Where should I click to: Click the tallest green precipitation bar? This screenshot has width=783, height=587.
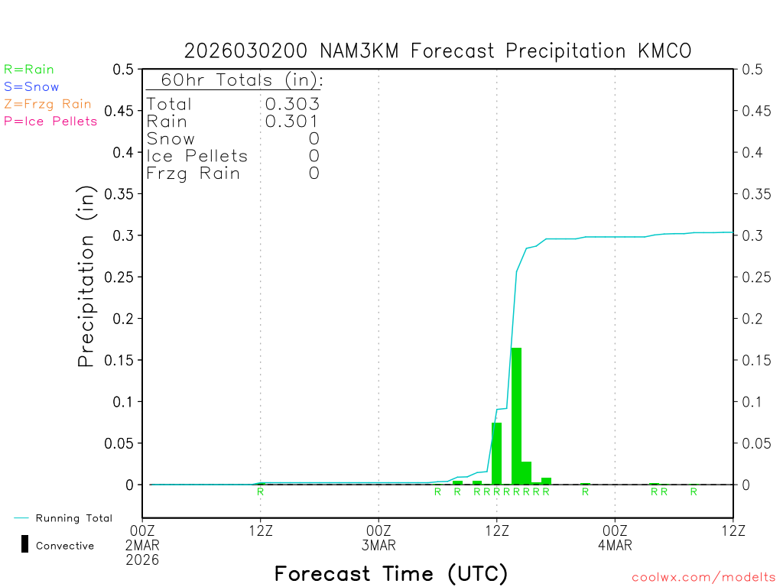point(516,416)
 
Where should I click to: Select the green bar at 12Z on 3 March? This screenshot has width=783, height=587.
point(496,453)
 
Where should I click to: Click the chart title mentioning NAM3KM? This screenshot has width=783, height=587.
point(437,50)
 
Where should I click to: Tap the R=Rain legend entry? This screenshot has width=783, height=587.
point(29,70)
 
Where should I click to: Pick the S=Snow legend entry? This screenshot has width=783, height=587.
point(31,87)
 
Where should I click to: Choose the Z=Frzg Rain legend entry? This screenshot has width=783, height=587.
point(47,104)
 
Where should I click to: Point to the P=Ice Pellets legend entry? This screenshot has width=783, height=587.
point(50,121)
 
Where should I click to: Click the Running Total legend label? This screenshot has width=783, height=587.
point(73,518)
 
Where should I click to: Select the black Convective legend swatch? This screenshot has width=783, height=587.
point(24,544)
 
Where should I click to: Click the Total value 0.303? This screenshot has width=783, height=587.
point(292,104)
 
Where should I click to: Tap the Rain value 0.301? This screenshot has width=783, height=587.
point(292,121)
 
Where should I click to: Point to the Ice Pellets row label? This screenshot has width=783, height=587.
point(197,156)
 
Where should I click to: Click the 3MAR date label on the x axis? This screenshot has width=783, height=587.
point(379,545)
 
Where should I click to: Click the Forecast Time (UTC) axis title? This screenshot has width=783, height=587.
point(391,573)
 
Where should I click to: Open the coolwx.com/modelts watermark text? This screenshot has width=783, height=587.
point(703,578)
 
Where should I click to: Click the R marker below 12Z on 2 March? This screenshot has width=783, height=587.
point(260,491)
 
